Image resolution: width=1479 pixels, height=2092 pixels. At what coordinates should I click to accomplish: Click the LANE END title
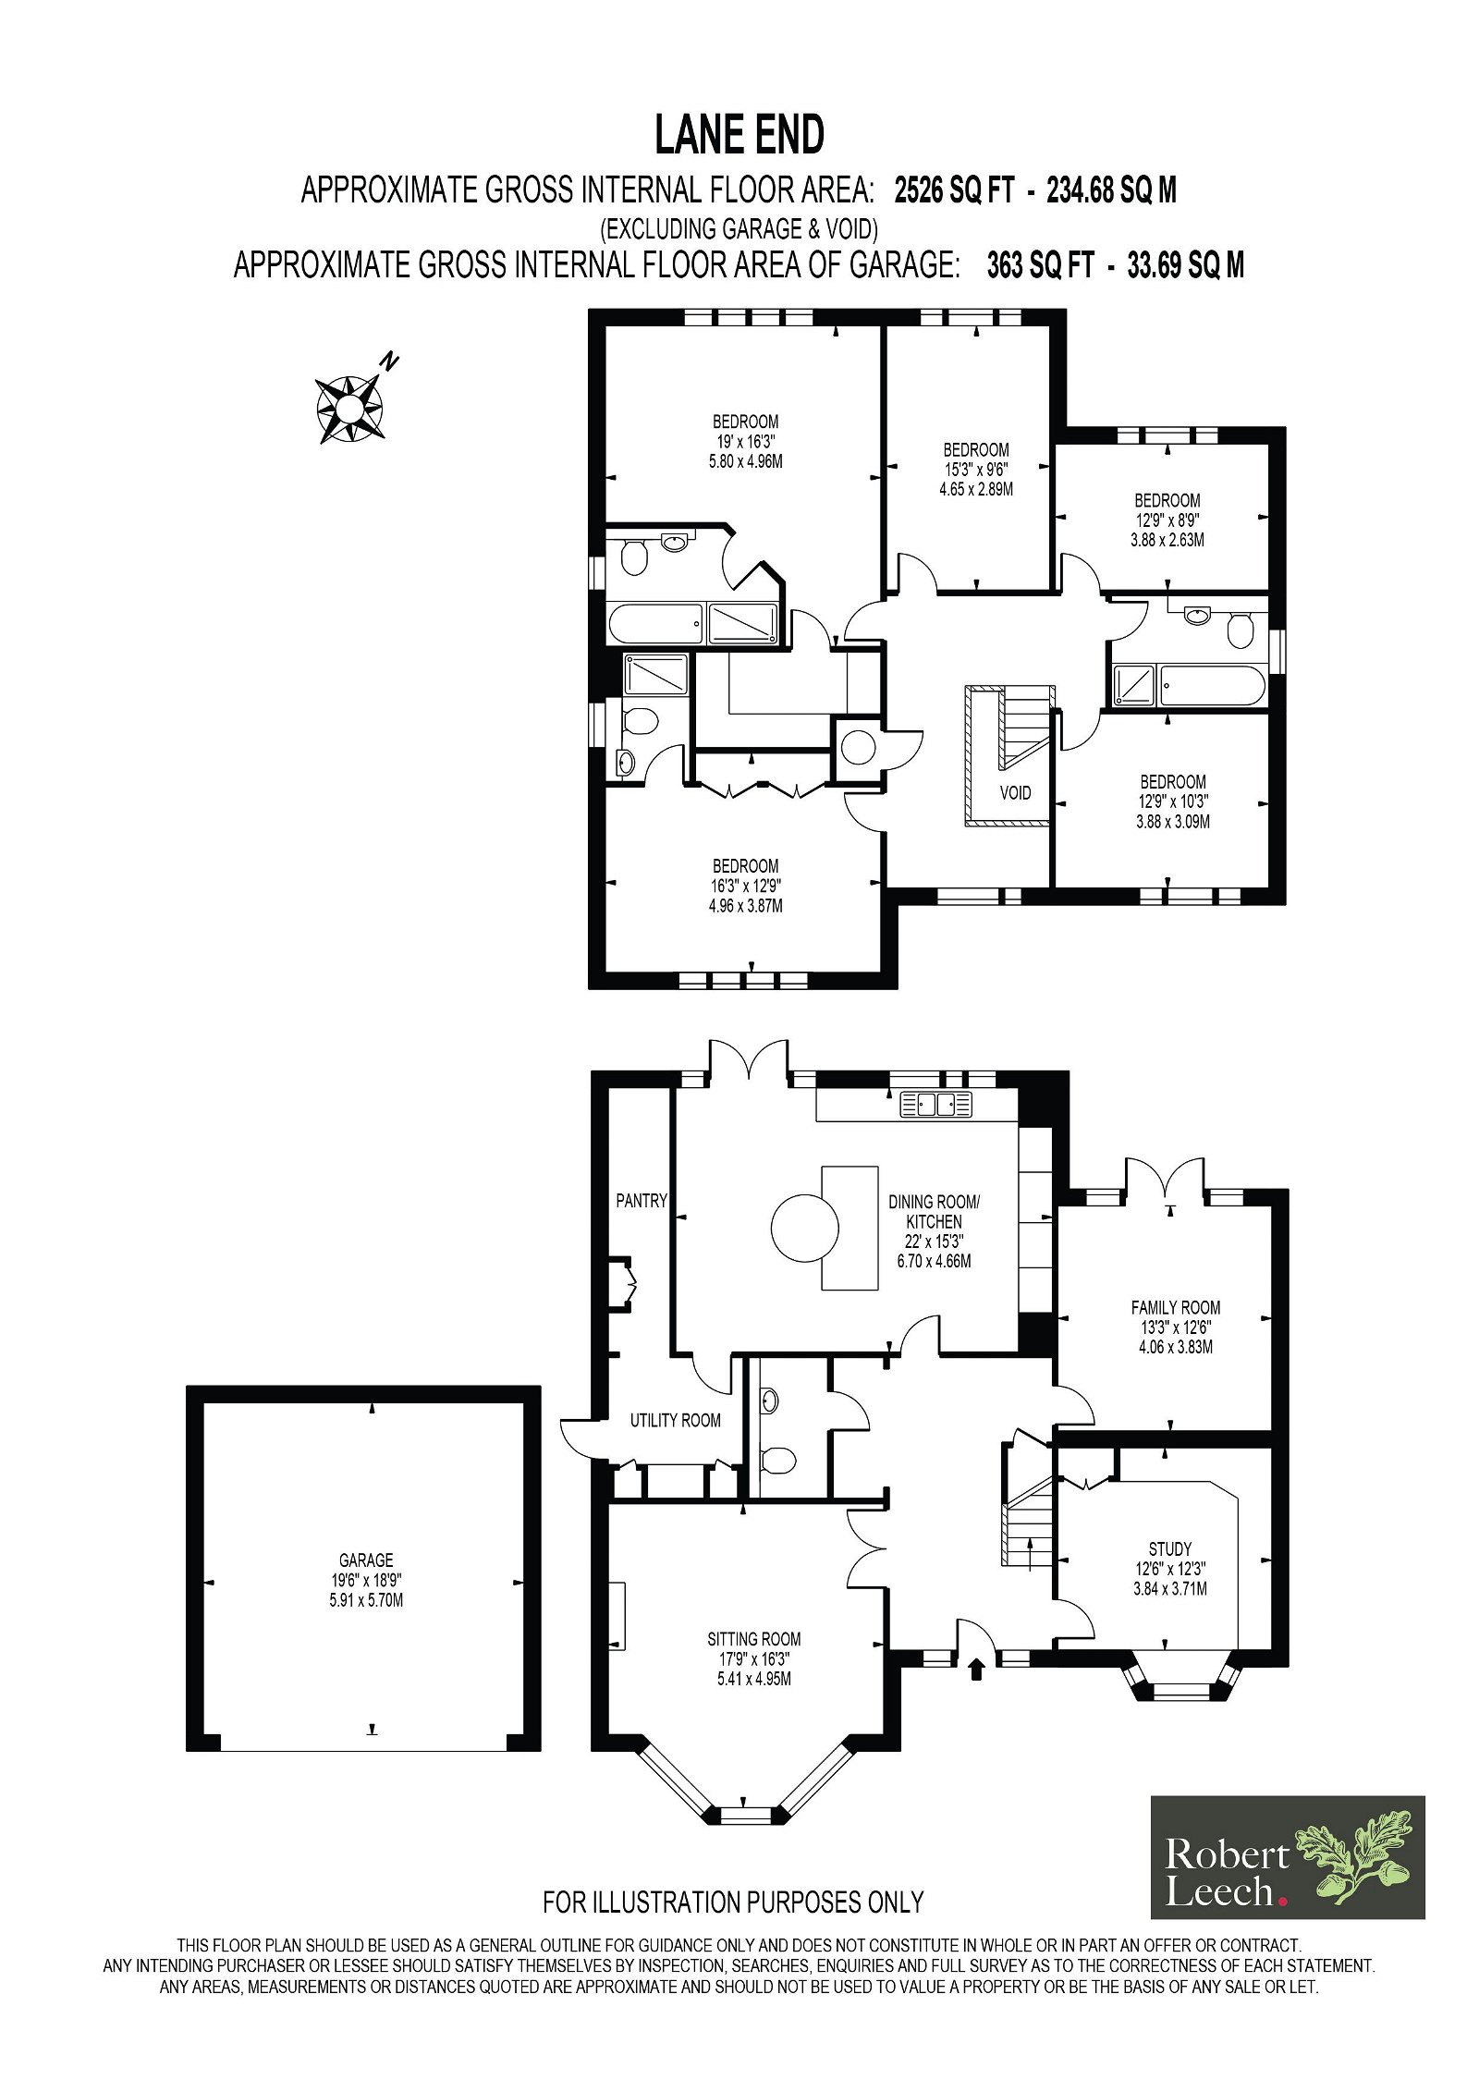(739, 135)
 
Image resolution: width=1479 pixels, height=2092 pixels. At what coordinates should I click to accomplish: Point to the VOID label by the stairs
(1015, 792)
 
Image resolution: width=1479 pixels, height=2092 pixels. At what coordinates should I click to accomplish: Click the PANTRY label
(642, 1200)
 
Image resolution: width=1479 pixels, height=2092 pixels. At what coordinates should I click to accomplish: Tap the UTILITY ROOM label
(676, 1420)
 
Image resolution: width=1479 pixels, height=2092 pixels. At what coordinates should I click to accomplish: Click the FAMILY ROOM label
(1175, 1307)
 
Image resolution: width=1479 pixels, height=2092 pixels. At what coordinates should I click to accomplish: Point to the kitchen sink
(936, 1103)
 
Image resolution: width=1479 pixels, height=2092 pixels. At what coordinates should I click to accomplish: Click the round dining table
(805, 1229)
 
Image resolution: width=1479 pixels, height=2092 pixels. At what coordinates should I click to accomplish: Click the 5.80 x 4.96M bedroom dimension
(745, 461)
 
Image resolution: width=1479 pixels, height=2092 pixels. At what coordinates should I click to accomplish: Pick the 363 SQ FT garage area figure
(1041, 265)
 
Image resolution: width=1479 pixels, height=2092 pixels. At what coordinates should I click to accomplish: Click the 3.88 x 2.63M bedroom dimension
(1167, 540)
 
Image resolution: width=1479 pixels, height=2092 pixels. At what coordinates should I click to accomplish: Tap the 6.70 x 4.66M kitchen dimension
(934, 1260)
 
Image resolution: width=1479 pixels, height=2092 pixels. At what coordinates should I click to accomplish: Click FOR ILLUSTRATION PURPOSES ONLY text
(733, 1902)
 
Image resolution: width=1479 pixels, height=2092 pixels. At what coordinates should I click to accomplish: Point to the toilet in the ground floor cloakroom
(778, 1461)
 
